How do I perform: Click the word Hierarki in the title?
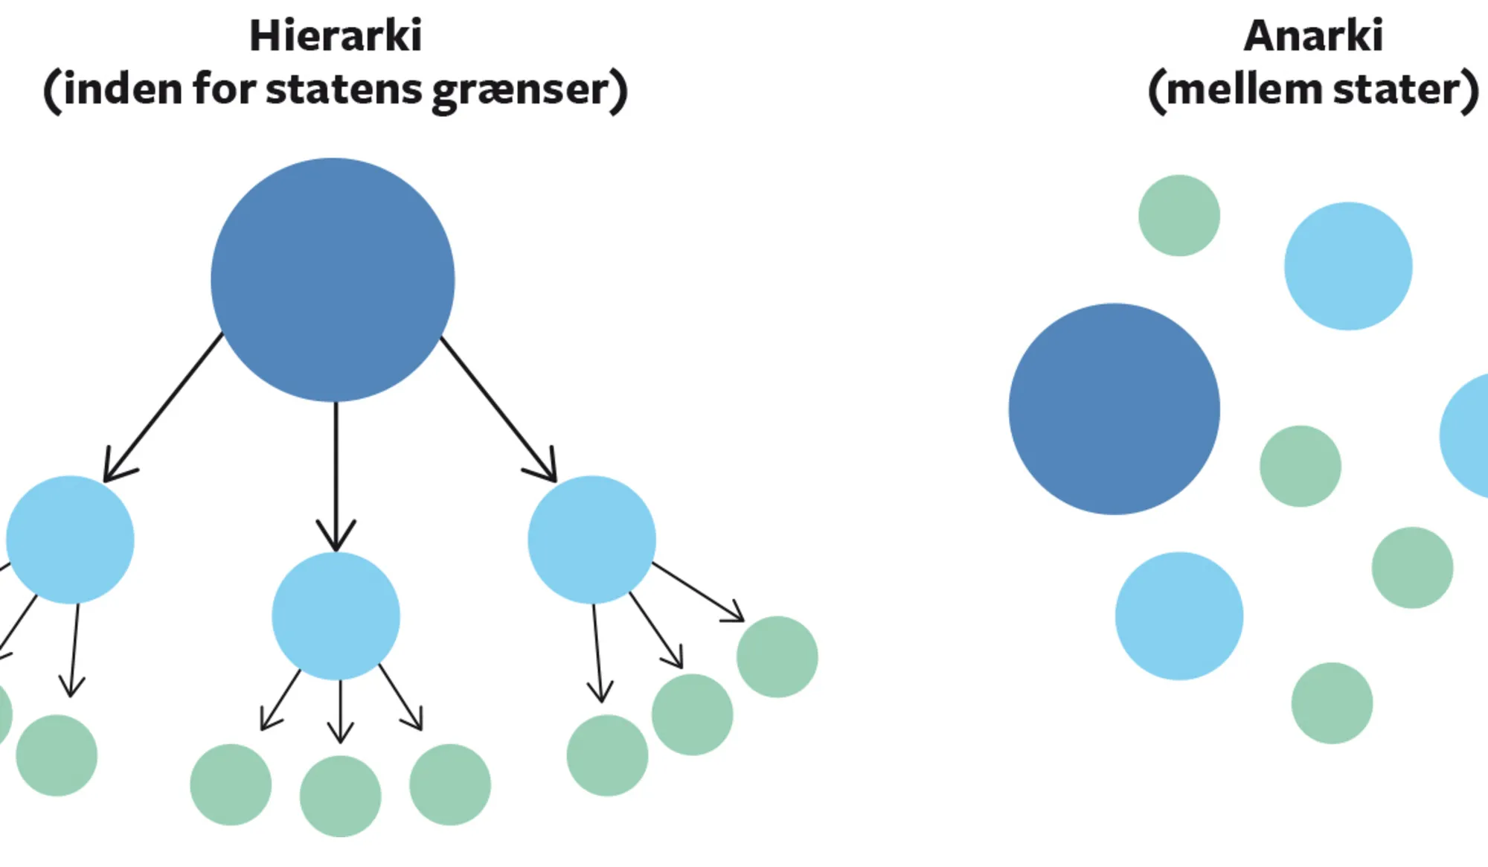tap(336, 36)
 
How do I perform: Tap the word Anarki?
tap(1313, 36)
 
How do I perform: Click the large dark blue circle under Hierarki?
tap(333, 280)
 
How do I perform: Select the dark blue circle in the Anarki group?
tap(1114, 409)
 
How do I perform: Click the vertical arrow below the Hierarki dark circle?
tap(336, 476)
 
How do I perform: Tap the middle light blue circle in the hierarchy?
tap(336, 616)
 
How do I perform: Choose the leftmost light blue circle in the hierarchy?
tap(70, 540)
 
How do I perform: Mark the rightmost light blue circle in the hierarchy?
tap(591, 540)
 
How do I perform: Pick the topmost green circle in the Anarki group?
tap(1179, 216)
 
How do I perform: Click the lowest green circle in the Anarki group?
tap(1332, 703)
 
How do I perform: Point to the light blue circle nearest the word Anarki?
tap(1348, 266)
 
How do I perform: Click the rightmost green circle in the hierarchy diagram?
tap(777, 656)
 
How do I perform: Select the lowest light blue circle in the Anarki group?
tap(1179, 615)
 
